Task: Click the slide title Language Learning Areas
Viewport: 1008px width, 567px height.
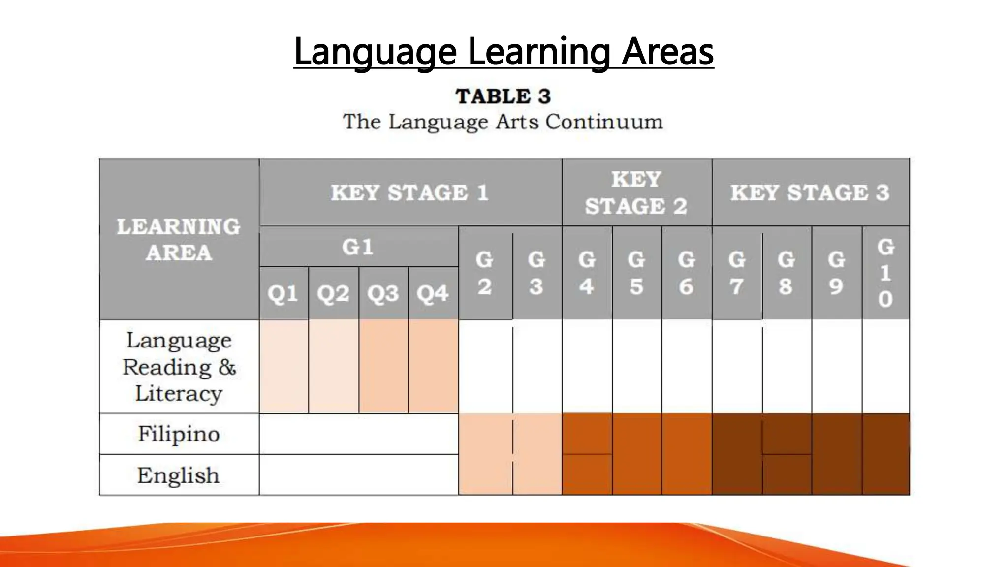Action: pyautogui.click(x=504, y=51)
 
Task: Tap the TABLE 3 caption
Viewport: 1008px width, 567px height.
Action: pyautogui.click(x=503, y=96)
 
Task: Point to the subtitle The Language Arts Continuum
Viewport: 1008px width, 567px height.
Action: pyautogui.click(x=503, y=122)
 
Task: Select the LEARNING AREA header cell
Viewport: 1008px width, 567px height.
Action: pyautogui.click(x=179, y=240)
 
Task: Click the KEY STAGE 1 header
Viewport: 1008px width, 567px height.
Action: pyautogui.click(x=409, y=192)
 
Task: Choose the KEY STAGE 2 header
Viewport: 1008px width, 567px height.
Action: pyautogui.click(x=636, y=192)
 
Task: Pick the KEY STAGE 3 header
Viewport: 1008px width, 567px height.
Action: pyautogui.click(x=810, y=192)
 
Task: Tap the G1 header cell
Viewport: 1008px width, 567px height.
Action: pyautogui.click(x=358, y=247)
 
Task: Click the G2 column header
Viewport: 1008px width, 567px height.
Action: pyautogui.click(x=485, y=273)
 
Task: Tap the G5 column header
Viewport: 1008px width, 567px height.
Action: pyautogui.click(x=636, y=273)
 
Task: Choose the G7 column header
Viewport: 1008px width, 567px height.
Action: pyautogui.click(x=736, y=273)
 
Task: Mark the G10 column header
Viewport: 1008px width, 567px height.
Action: pyautogui.click(x=885, y=273)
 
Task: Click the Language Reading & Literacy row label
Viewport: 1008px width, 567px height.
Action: pyautogui.click(x=179, y=367)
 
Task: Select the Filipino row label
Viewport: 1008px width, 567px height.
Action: pyautogui.click(x=179, y=434)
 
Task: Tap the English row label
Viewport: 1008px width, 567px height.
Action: pyautogui.click(x=179, y=475)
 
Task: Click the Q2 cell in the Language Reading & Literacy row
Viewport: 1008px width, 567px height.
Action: pyautogui.click(x=333, y=367)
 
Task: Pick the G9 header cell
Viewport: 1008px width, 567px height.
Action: pyautogui.click(x=836, y=273)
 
